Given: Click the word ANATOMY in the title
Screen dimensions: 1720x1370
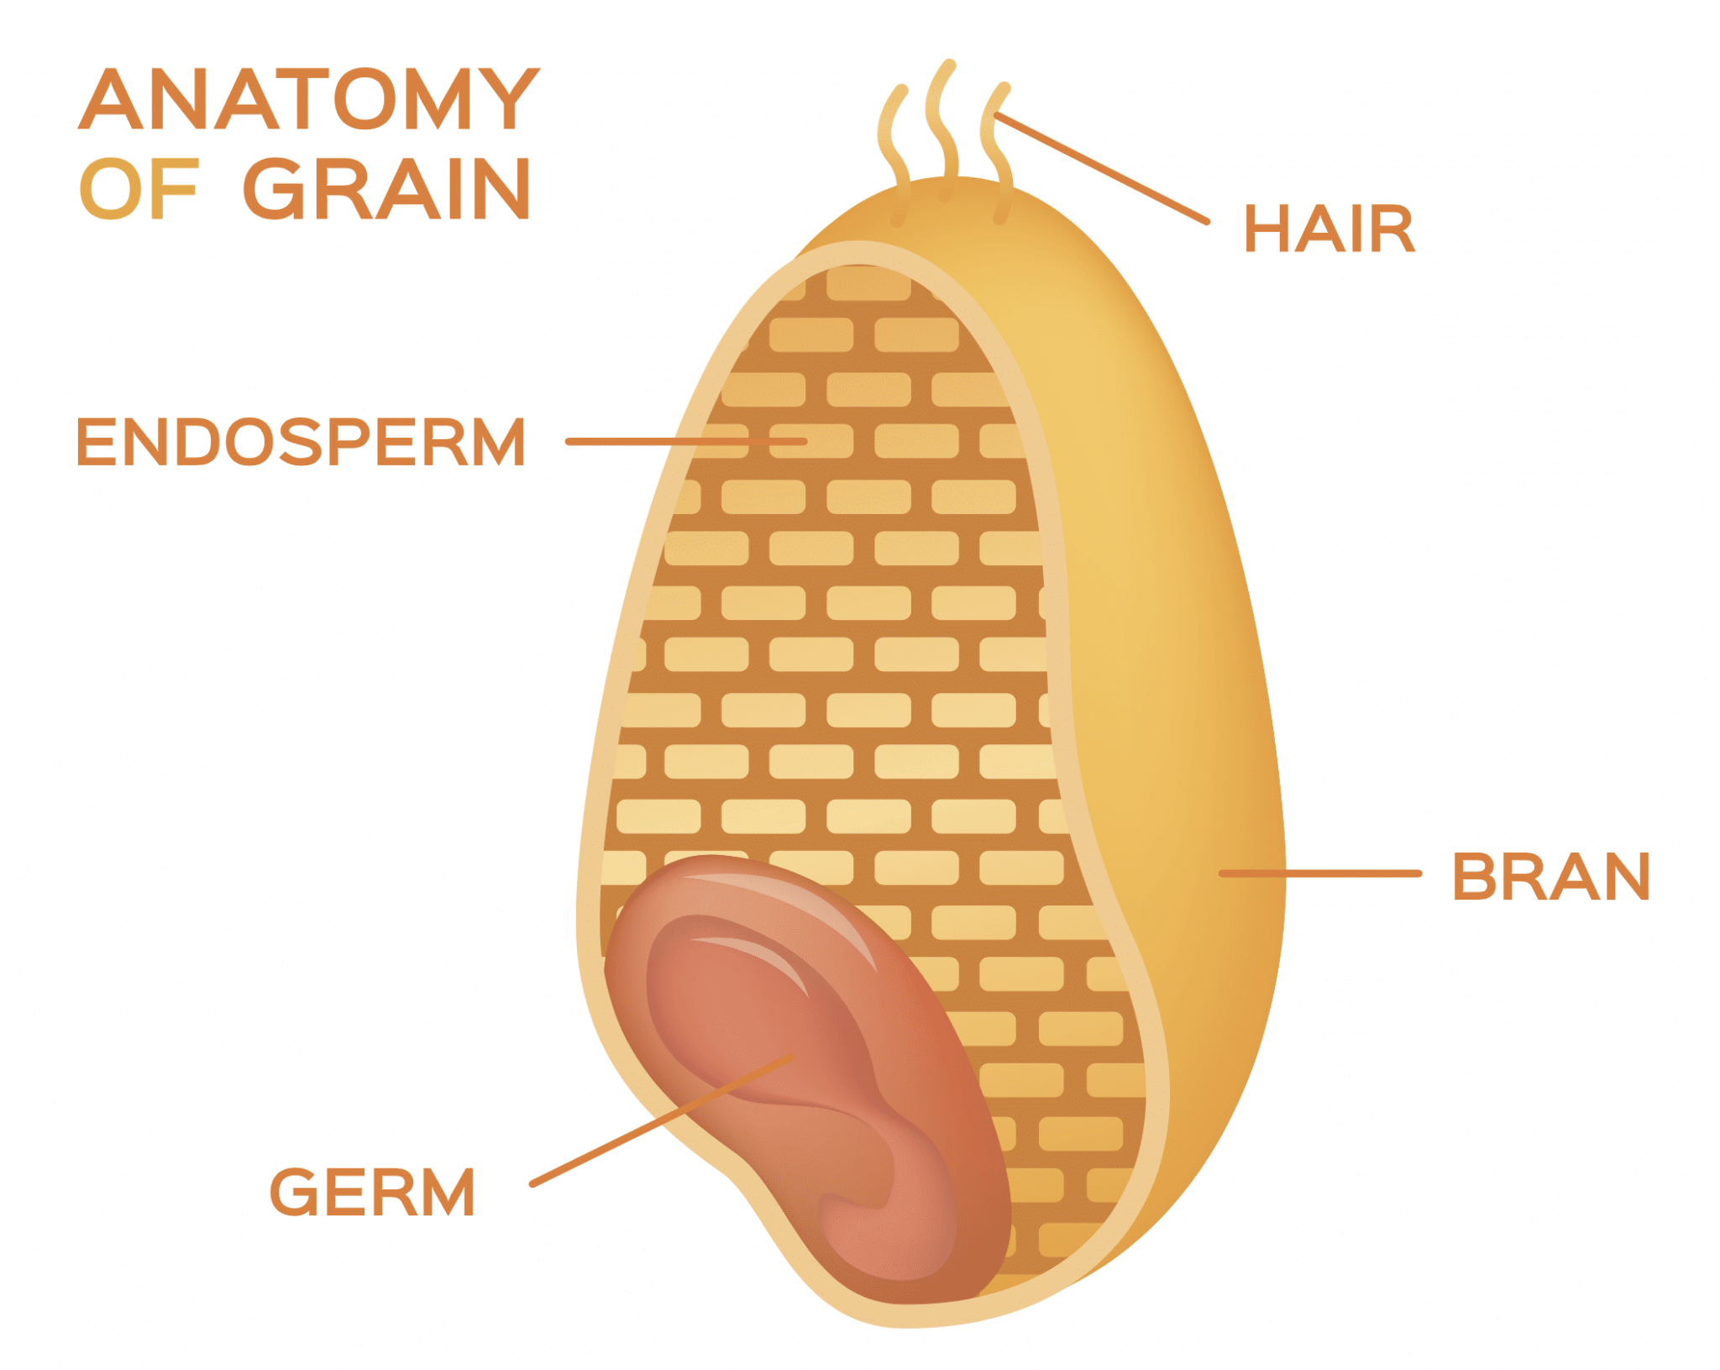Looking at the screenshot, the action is click(308, 99).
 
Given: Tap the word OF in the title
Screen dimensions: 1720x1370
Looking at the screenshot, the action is click(139, 189).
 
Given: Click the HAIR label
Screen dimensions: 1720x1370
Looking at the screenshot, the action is click(1329, 228).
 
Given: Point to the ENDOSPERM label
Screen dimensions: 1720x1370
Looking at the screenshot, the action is click(301, 442).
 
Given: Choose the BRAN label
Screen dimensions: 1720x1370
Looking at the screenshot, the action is click(1551, 877).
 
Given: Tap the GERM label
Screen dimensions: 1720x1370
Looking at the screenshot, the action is click(372, 1192).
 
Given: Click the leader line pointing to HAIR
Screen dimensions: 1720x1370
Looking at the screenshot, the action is click(1102, 168).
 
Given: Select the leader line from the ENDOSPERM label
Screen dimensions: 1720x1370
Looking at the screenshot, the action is click(686, 441).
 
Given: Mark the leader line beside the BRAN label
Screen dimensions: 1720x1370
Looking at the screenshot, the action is click(1320, 874).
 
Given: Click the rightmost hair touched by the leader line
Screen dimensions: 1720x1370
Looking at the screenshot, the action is click(997, 154).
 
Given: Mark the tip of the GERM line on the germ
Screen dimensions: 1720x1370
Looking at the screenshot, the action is click(791, 1057).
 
